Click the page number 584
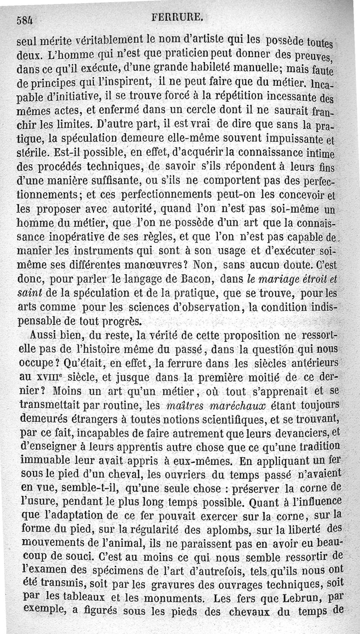point(26,19)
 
